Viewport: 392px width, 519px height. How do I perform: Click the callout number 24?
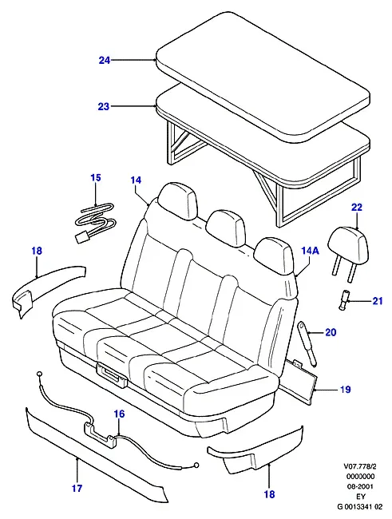pos(105,61)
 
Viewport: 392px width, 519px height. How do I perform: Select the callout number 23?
pos(104,106)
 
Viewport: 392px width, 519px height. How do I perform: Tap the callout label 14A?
pos(311,251)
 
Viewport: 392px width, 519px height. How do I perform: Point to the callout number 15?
pos(95,178)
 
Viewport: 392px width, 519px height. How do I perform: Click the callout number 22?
pos(357,208)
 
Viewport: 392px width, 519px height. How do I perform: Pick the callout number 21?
pos(378,301)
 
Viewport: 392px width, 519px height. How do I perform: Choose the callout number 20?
pos(331,332)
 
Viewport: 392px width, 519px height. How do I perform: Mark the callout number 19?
pos(346,390)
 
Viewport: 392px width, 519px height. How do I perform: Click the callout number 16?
pos(120,414)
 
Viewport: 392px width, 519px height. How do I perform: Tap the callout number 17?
pos(77,488)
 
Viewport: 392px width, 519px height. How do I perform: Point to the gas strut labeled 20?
pos(307,343)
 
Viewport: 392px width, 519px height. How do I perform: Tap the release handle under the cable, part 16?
pos(100,433)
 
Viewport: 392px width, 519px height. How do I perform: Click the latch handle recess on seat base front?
pos(112,374)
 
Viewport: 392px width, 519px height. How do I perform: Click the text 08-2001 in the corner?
pos(360,486)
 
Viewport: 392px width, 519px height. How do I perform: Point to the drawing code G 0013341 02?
pos(359,507)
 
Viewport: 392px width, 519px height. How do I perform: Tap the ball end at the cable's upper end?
pos(39,374)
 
